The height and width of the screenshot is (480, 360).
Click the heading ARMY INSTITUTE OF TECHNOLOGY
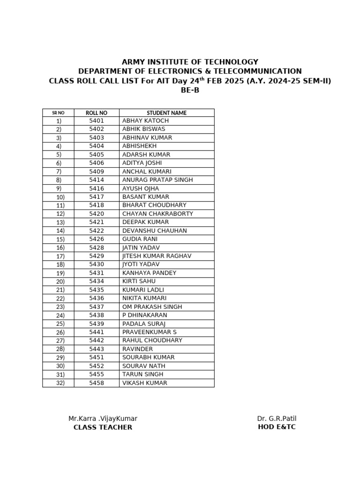pyautogui.click(x=190, y=62)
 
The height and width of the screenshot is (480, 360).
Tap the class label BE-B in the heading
pyautogui.click(x=190, y=90)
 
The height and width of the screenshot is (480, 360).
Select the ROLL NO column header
pyautogui.click(x=97, y=113)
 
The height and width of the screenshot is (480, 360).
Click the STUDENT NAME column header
pyautogui.click(x=166, y=113)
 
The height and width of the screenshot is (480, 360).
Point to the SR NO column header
pyautogui.click(x=58, y=113)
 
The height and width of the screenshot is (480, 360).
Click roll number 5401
pyautogui.click(x=97, y=121)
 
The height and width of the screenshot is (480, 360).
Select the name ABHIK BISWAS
pyautogui.click(x=143, y=129)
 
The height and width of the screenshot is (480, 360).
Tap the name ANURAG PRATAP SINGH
pyautogui.click(x=157, y=180)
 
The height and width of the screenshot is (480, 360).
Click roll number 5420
pyautogui.click(x=97, y=214)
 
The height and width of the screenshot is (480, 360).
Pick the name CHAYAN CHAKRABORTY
pyautogui.click(x=157, y=214)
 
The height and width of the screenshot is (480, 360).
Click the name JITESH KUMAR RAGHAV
pyautogui.click(x=157, y=256)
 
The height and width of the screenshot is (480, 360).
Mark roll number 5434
pyautogui.click(x=97, y=281)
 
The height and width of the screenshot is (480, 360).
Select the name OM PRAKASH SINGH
pyautogui.click(x=152, y=307)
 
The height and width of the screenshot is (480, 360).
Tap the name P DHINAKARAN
pyautogui.click(x=145, y=315)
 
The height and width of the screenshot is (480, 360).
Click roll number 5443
pyautogui.click(x=97, y=349)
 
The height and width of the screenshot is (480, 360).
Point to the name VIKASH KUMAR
pyautogui.click(x=144, y=383)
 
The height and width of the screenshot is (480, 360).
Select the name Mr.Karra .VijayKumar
pyautogui.click(x=103, y=419)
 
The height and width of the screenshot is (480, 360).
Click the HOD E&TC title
pyautogui.click(x=277, y=427)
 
